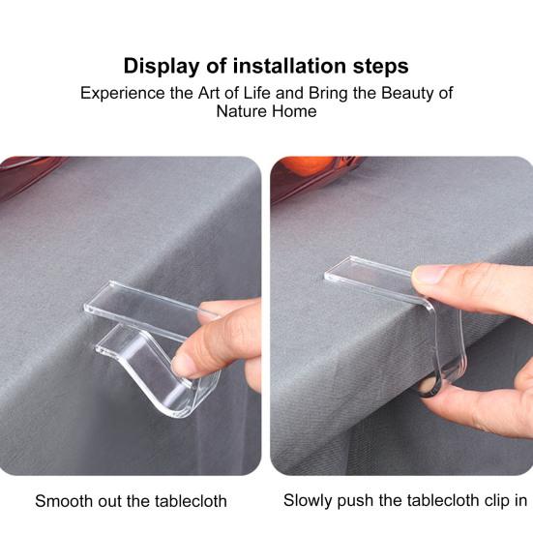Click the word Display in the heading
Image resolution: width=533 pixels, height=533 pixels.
[161, 67]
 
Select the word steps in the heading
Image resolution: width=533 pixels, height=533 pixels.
[381, 67]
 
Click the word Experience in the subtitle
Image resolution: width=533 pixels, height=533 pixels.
[123, 94]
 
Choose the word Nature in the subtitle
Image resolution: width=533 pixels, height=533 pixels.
[241, 111]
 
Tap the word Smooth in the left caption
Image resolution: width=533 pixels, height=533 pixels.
[64, 501]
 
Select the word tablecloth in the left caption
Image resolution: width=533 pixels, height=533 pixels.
[191, 501]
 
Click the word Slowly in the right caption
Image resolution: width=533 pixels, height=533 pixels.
[308, 501]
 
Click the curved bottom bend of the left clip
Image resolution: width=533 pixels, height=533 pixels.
[180, 406]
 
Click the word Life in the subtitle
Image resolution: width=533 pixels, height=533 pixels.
[257, 93]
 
